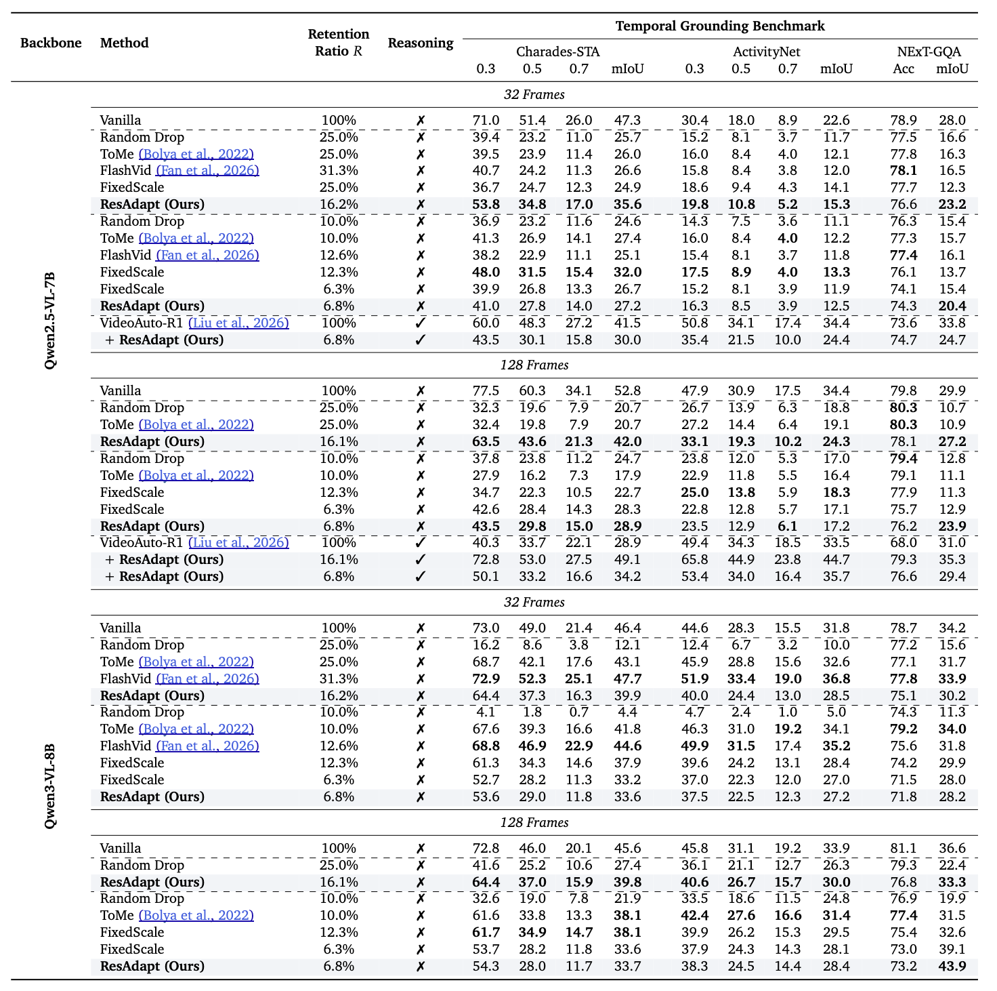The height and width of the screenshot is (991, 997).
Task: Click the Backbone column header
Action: [51, 43]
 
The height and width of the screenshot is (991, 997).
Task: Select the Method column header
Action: [124, 43]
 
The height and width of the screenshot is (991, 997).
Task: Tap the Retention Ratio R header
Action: [339, 43]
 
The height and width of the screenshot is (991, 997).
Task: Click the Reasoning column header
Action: [420, 43]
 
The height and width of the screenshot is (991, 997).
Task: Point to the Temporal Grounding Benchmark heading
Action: [719, 26]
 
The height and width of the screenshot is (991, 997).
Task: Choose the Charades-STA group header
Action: [557, 52]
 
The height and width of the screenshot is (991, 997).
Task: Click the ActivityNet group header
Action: [766, 52]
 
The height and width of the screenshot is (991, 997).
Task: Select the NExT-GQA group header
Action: [928, 52]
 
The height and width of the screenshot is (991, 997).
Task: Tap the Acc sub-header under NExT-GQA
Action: [904, 68]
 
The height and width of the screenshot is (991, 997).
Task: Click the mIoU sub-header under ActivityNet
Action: [836, 68]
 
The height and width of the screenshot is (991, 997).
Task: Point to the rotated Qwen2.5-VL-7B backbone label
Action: [50, 321]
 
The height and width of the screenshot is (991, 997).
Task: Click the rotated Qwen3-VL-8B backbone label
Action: [50, 786]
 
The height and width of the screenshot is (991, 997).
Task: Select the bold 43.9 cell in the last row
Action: [952, 966]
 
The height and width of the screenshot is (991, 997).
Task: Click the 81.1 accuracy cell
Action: [904, 848]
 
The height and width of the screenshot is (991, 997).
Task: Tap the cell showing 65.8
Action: [694, 559]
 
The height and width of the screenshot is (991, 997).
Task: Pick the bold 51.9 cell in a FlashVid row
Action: [694, 679]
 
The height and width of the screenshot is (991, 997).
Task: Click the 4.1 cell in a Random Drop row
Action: [486, 712]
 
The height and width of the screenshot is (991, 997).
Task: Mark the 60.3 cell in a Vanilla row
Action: [532, 390]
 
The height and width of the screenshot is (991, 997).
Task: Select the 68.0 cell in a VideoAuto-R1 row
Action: [904, 542]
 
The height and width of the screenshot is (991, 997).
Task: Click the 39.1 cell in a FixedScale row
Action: [952, 949]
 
